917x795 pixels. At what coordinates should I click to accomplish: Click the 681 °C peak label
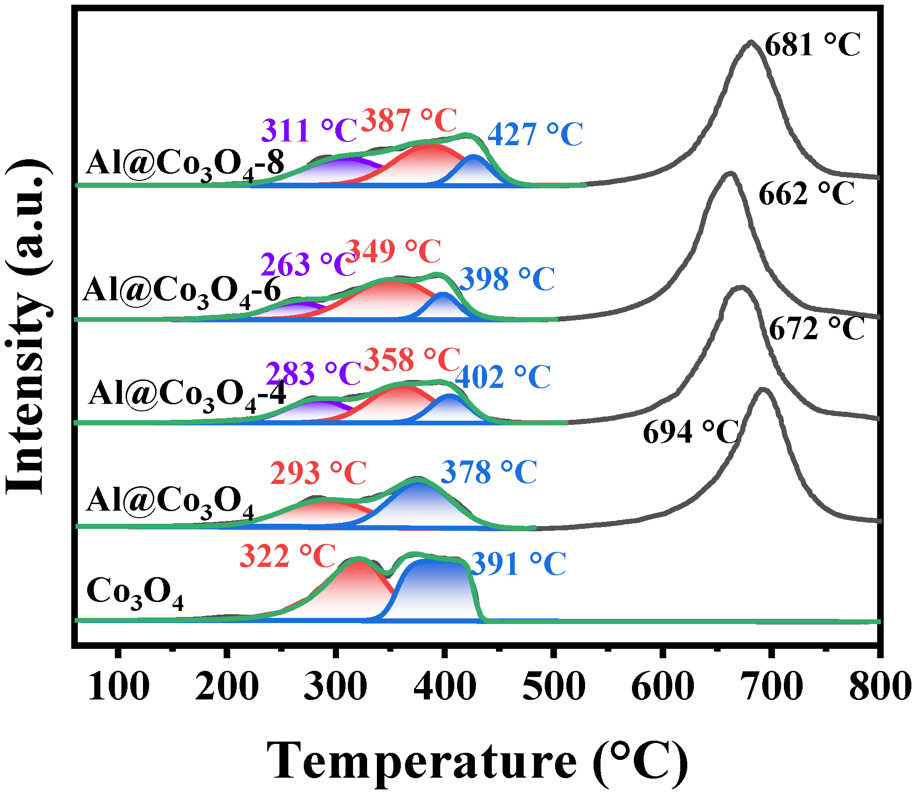pos(812,45)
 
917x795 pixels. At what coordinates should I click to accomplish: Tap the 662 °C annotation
pos(806,194)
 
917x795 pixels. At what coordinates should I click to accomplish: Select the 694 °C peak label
pos(691,432)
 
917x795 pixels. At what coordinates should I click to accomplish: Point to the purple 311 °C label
pos(309,131)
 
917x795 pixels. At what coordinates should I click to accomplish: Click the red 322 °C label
pos(287,557)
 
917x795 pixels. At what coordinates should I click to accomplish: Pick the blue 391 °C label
pos(518,564)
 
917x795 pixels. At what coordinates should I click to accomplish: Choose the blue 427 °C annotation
pos(535,135)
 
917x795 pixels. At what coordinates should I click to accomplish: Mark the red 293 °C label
pos(318,473)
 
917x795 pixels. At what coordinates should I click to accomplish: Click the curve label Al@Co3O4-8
pos(185,165)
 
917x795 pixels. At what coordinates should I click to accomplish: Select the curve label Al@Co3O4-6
pos(182,291)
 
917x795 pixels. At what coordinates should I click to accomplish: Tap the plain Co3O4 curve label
pos(135,593)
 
